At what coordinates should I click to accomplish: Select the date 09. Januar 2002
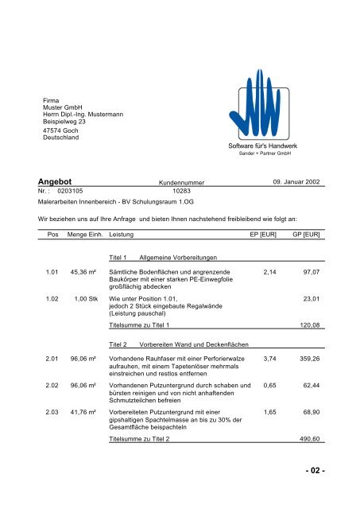point(296,182)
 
